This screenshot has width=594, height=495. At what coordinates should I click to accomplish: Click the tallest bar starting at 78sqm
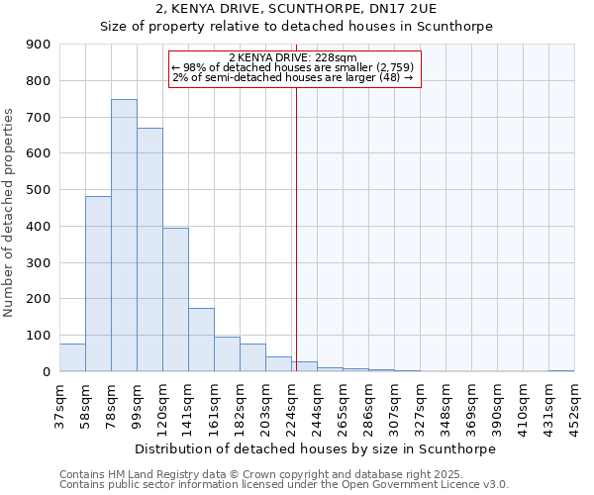pyautogui.click(x=124, y=236)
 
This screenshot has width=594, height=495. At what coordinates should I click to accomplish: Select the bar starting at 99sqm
pyautogui.click(x=149, y=249)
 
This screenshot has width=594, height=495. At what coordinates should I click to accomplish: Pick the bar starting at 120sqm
pyautogui.click(x=175, y=300)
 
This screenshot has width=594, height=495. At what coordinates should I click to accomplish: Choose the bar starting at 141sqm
pyautogui.click(x=201, y=340)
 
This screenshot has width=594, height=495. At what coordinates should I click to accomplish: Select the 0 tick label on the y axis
pyautogui.click(x=48, y=372)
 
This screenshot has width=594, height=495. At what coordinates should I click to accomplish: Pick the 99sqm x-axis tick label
pyautogui.click(x=137, y=400)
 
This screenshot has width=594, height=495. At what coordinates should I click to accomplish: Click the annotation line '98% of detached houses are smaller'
pyautogui.click(x=292, y=67)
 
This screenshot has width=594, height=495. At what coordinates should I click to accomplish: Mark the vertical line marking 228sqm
pyautogui.click(x=295, y=228)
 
